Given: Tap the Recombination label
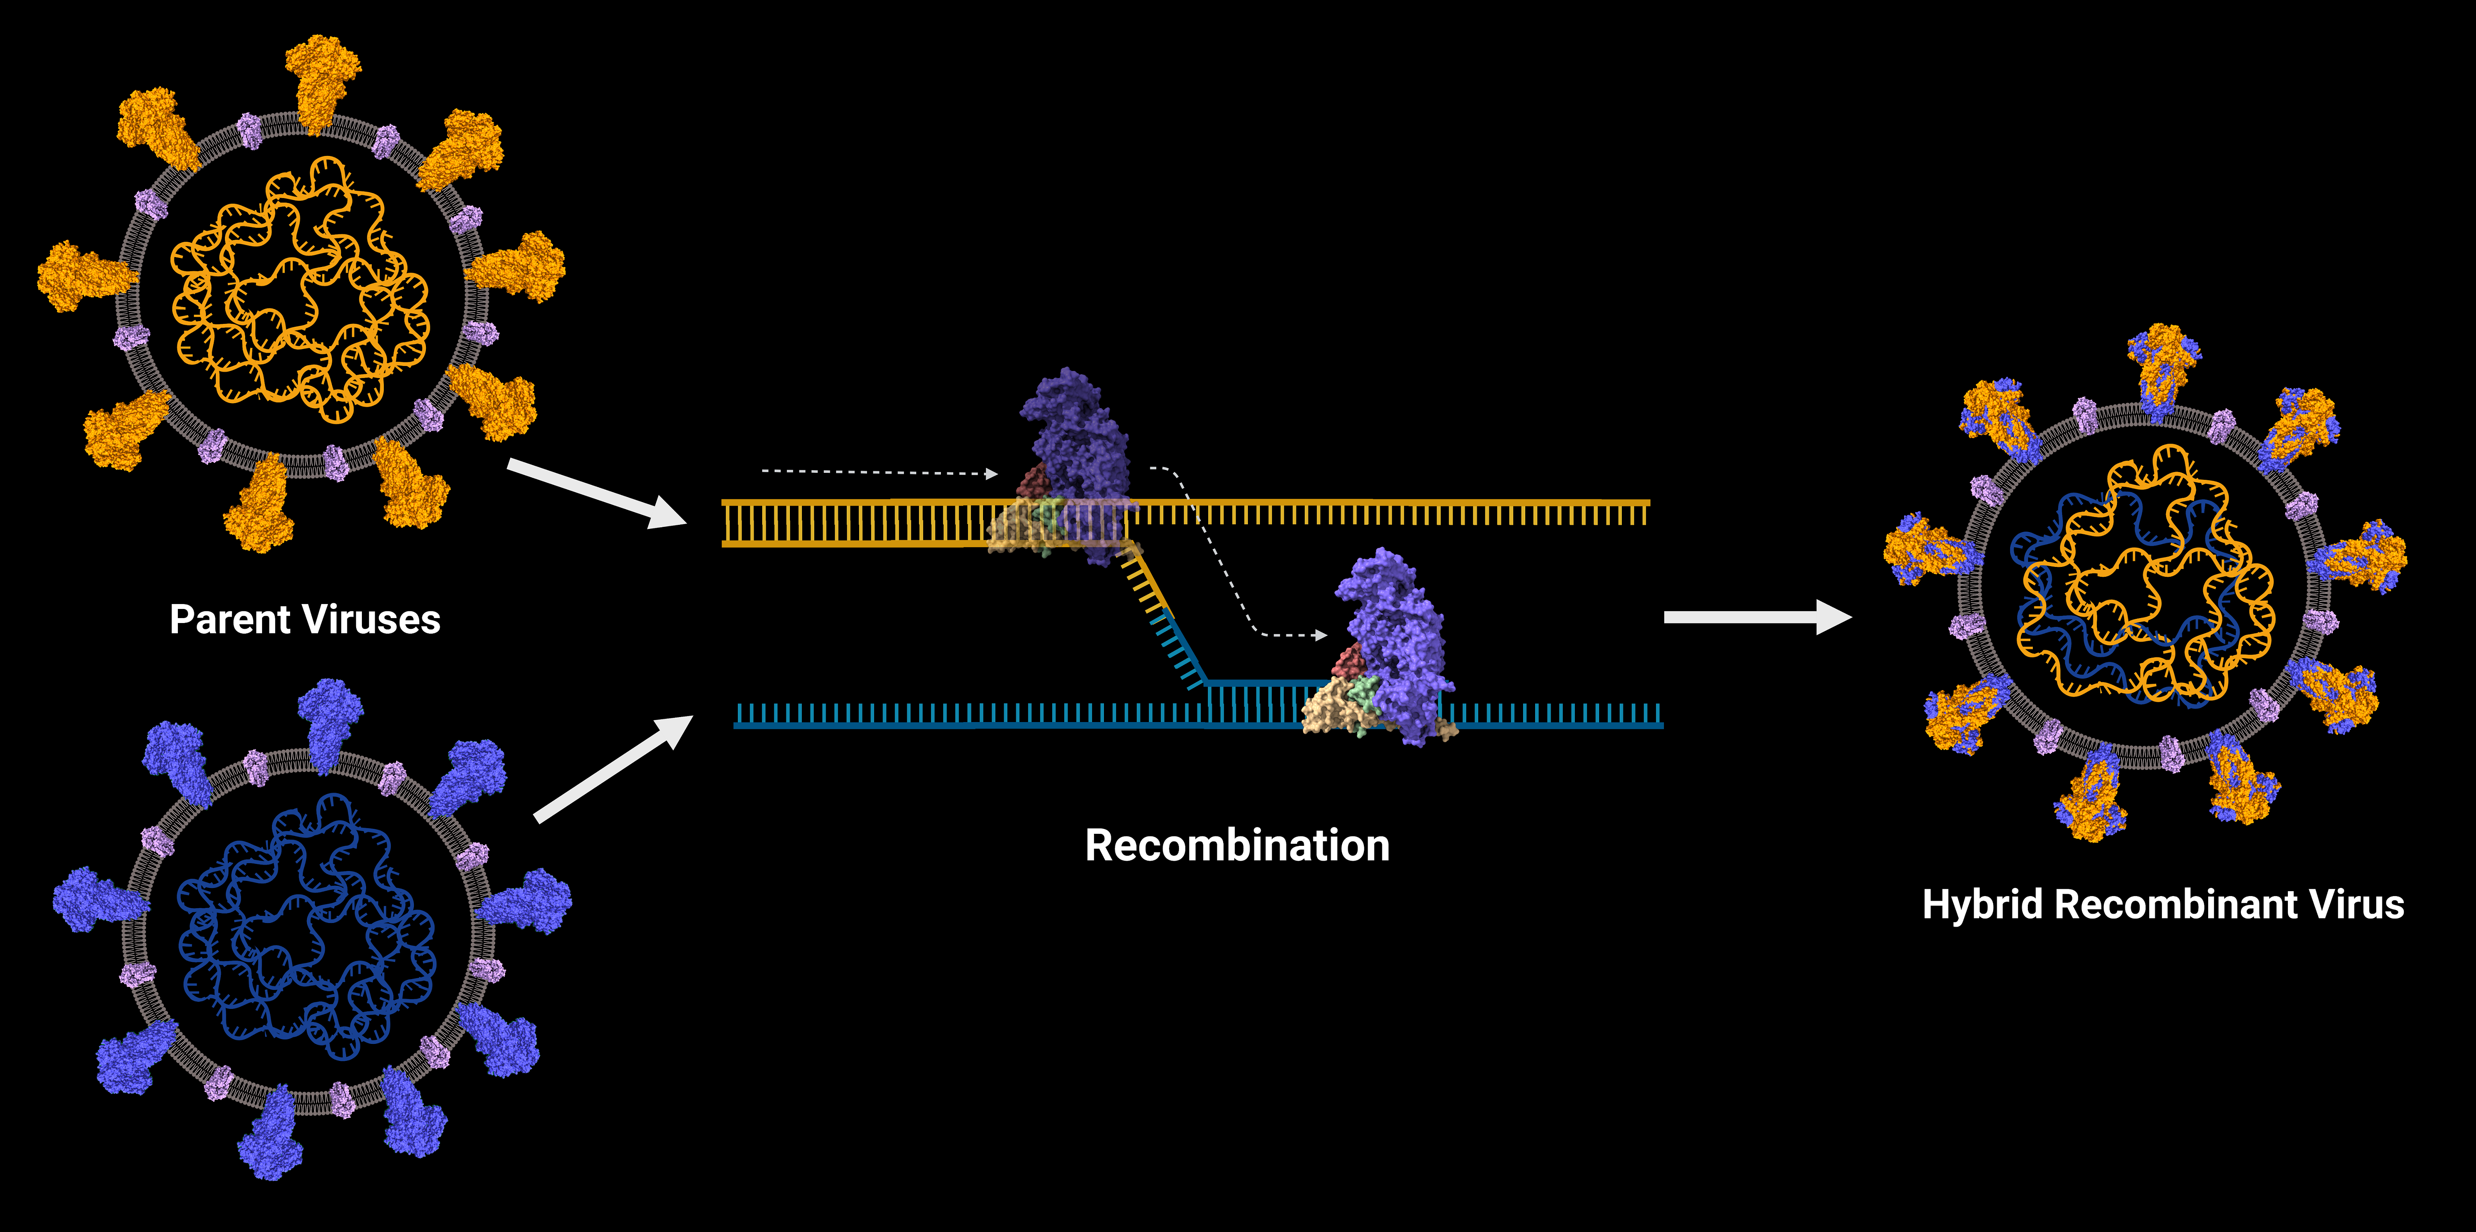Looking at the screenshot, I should coord(1237,846).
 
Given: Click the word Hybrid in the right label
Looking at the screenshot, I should coord(1982,905).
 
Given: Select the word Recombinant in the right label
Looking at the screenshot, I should coord(2174,905).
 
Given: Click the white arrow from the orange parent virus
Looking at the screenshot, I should coord(596,492).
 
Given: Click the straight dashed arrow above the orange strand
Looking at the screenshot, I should coord(879,472).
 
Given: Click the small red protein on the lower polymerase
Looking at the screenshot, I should coord(1351,661).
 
